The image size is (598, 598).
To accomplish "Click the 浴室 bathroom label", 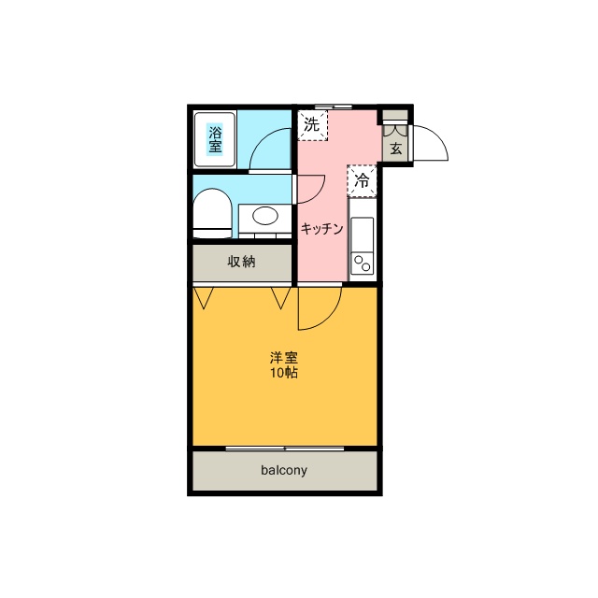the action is coord(215,139).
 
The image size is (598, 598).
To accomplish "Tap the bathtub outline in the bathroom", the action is coord(196,139).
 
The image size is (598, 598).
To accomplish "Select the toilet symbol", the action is coord(212,214).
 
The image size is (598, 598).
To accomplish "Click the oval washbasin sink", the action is coord(265,216).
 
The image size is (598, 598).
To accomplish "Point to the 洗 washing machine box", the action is coord(313,125).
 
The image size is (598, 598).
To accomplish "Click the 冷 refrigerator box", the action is coord(362,180).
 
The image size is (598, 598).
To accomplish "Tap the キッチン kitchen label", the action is coord(321,229).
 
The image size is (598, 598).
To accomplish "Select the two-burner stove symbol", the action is coord(363,263).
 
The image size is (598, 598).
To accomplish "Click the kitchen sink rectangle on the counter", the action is coord(363,235).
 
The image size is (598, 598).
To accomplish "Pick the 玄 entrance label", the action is coord(396,148).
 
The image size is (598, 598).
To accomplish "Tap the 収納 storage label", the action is coord(241,262).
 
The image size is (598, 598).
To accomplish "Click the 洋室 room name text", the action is coord(284,358).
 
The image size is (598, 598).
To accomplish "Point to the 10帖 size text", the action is coord(284,373).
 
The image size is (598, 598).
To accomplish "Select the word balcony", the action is coord(284,470).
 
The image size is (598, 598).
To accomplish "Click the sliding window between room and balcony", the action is coord(285,448).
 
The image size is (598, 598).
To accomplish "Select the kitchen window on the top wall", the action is coord(334,107).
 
